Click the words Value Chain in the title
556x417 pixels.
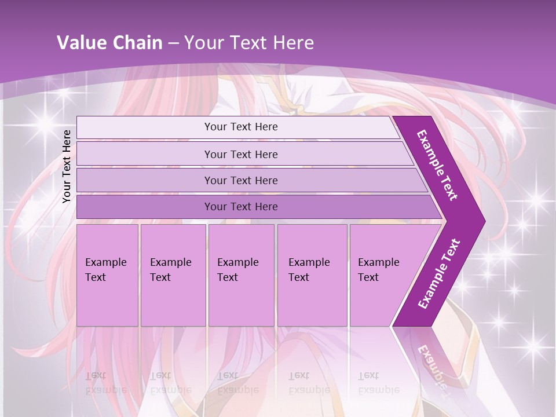(109, 43)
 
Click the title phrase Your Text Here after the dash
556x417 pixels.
(249, 43)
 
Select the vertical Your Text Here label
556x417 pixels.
(67, 166)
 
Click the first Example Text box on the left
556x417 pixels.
(107, 275)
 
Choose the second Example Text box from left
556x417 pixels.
(173, 275)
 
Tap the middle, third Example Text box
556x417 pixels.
(241, 275)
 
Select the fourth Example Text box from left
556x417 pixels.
(312, 275)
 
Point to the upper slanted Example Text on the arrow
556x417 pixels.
(437, 165)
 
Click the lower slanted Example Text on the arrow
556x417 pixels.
(439, 274)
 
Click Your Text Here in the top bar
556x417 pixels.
(241, 127)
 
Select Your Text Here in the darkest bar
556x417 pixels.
(241, 207)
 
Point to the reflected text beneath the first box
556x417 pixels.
(105, 383)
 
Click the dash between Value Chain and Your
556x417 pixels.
(173, 43)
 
